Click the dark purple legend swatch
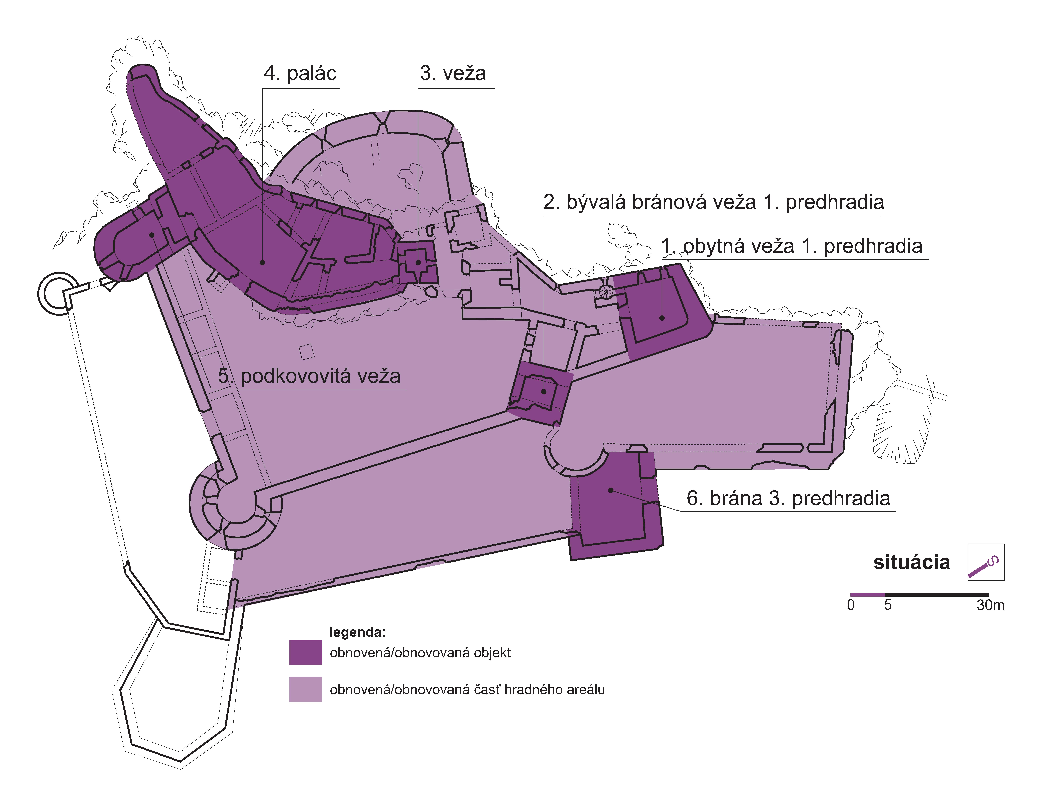(305, 652)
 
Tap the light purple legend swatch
(305, 689)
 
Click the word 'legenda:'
(357, 632)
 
